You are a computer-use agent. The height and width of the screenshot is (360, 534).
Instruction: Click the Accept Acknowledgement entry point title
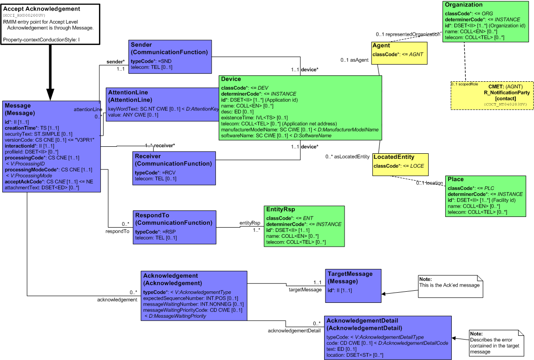(42, 9)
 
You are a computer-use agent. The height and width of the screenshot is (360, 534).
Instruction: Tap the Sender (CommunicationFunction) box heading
(169, 48)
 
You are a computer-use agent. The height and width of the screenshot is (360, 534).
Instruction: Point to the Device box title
(231, 79)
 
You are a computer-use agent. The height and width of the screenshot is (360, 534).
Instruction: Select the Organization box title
(463, 5)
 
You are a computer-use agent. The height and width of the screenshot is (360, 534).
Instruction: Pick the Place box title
(456, 179)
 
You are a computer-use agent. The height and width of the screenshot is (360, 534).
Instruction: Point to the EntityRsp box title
(280, 210)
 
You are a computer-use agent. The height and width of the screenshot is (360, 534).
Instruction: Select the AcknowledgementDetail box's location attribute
(355, 355)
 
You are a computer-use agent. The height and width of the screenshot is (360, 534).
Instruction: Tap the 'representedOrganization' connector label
(408, 34)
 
